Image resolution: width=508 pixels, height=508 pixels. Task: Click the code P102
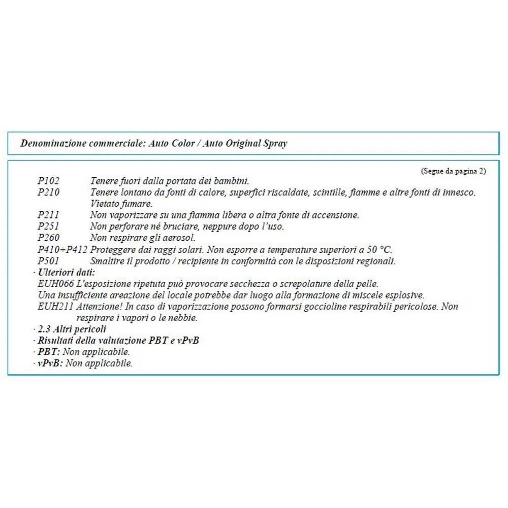click(49, 180)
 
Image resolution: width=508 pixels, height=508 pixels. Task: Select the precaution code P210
click(49, 192)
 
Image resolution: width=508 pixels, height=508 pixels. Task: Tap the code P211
click(49, 215)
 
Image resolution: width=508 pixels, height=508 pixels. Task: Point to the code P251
click(49, 227)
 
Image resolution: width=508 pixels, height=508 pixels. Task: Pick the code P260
click(49, 238)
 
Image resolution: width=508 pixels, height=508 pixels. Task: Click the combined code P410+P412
click(62, 249)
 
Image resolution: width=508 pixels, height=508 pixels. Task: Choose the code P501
click(49, 261)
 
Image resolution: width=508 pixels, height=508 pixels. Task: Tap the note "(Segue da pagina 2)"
click(453, 171)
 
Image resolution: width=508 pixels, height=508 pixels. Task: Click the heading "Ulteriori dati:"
click(67, 273)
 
